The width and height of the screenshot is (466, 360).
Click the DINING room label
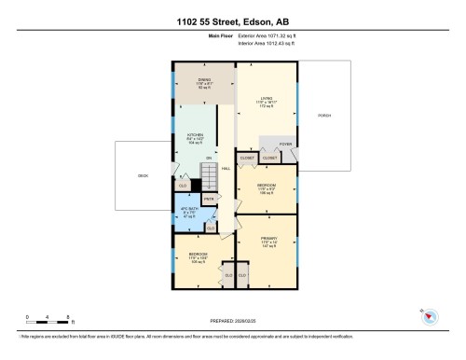(x=203, y=80)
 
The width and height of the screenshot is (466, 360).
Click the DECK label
(x=143, y=174)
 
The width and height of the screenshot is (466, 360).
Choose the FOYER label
(x=285, y=145)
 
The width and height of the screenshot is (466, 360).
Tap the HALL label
(x=226, y=168)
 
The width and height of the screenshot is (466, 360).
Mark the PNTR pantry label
(x=209, y=198)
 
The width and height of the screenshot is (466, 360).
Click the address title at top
(x=232, y=21)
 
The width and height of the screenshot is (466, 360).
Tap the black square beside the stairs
(x=198, y=185)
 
